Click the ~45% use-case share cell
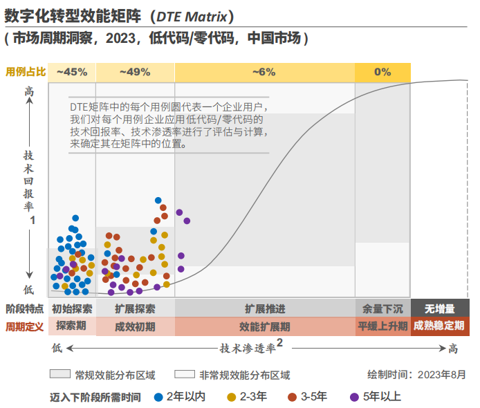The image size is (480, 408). pos(72,72)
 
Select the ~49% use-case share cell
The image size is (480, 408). pos(135,72)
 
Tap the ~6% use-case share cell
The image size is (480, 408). pos(264,72)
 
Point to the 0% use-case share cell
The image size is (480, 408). pos(382,72)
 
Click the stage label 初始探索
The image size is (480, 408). pos(72,308)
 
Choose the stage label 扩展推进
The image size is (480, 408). pos(265,308)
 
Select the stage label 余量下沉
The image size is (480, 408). pos(383,308)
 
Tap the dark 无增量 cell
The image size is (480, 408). pos(439,308)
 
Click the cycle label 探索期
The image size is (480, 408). pos(72,326)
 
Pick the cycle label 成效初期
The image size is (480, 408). pos(135,326)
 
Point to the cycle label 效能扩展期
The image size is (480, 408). pos(265,326)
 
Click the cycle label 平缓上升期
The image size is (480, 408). pos(383,326)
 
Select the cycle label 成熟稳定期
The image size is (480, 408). pos(439,326)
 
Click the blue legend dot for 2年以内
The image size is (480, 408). pos(158,397)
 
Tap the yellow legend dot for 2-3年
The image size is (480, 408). pos(232,397)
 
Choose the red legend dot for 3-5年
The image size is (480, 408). pos(292,397)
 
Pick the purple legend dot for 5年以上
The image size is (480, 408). pos(355,397)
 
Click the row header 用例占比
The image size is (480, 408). pos(26,72)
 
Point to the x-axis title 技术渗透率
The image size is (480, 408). pos(248,347)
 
